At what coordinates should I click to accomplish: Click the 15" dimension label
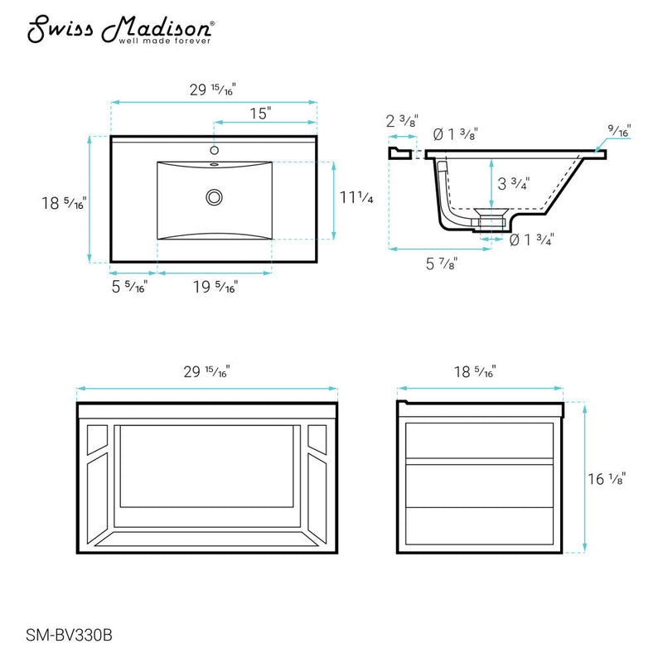(264, 114)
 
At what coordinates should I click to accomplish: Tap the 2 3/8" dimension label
(402, 121)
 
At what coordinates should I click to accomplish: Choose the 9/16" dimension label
(619, 132)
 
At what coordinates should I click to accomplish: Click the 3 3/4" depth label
(514, 183)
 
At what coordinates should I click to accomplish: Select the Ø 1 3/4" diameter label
(531, 240)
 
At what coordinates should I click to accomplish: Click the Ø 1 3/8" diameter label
(456, 133)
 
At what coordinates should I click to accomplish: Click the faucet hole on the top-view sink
(214, 151)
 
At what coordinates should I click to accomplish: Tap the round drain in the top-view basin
(215, 197)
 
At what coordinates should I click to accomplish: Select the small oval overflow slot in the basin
(214, 165)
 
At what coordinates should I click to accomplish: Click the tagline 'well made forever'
(167, 39)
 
